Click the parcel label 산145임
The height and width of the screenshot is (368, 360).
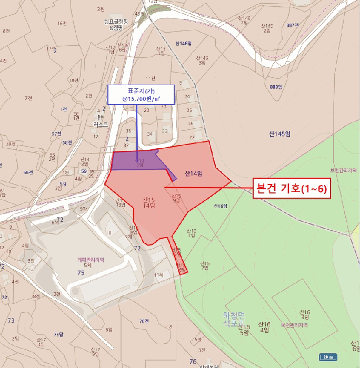click(279, 134)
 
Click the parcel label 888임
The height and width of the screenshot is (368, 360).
click(275, 87)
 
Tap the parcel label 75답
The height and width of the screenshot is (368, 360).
click(58, 334)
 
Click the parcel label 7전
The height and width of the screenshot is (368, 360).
click(28, 98)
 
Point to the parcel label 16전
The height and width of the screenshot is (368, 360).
click(63, 23)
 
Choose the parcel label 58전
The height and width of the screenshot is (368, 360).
click(67, 142)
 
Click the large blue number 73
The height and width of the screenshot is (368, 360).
click(11, 320)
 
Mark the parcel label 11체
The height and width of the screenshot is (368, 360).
click(159, 275)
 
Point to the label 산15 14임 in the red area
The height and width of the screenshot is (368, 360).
click(149, 203)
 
